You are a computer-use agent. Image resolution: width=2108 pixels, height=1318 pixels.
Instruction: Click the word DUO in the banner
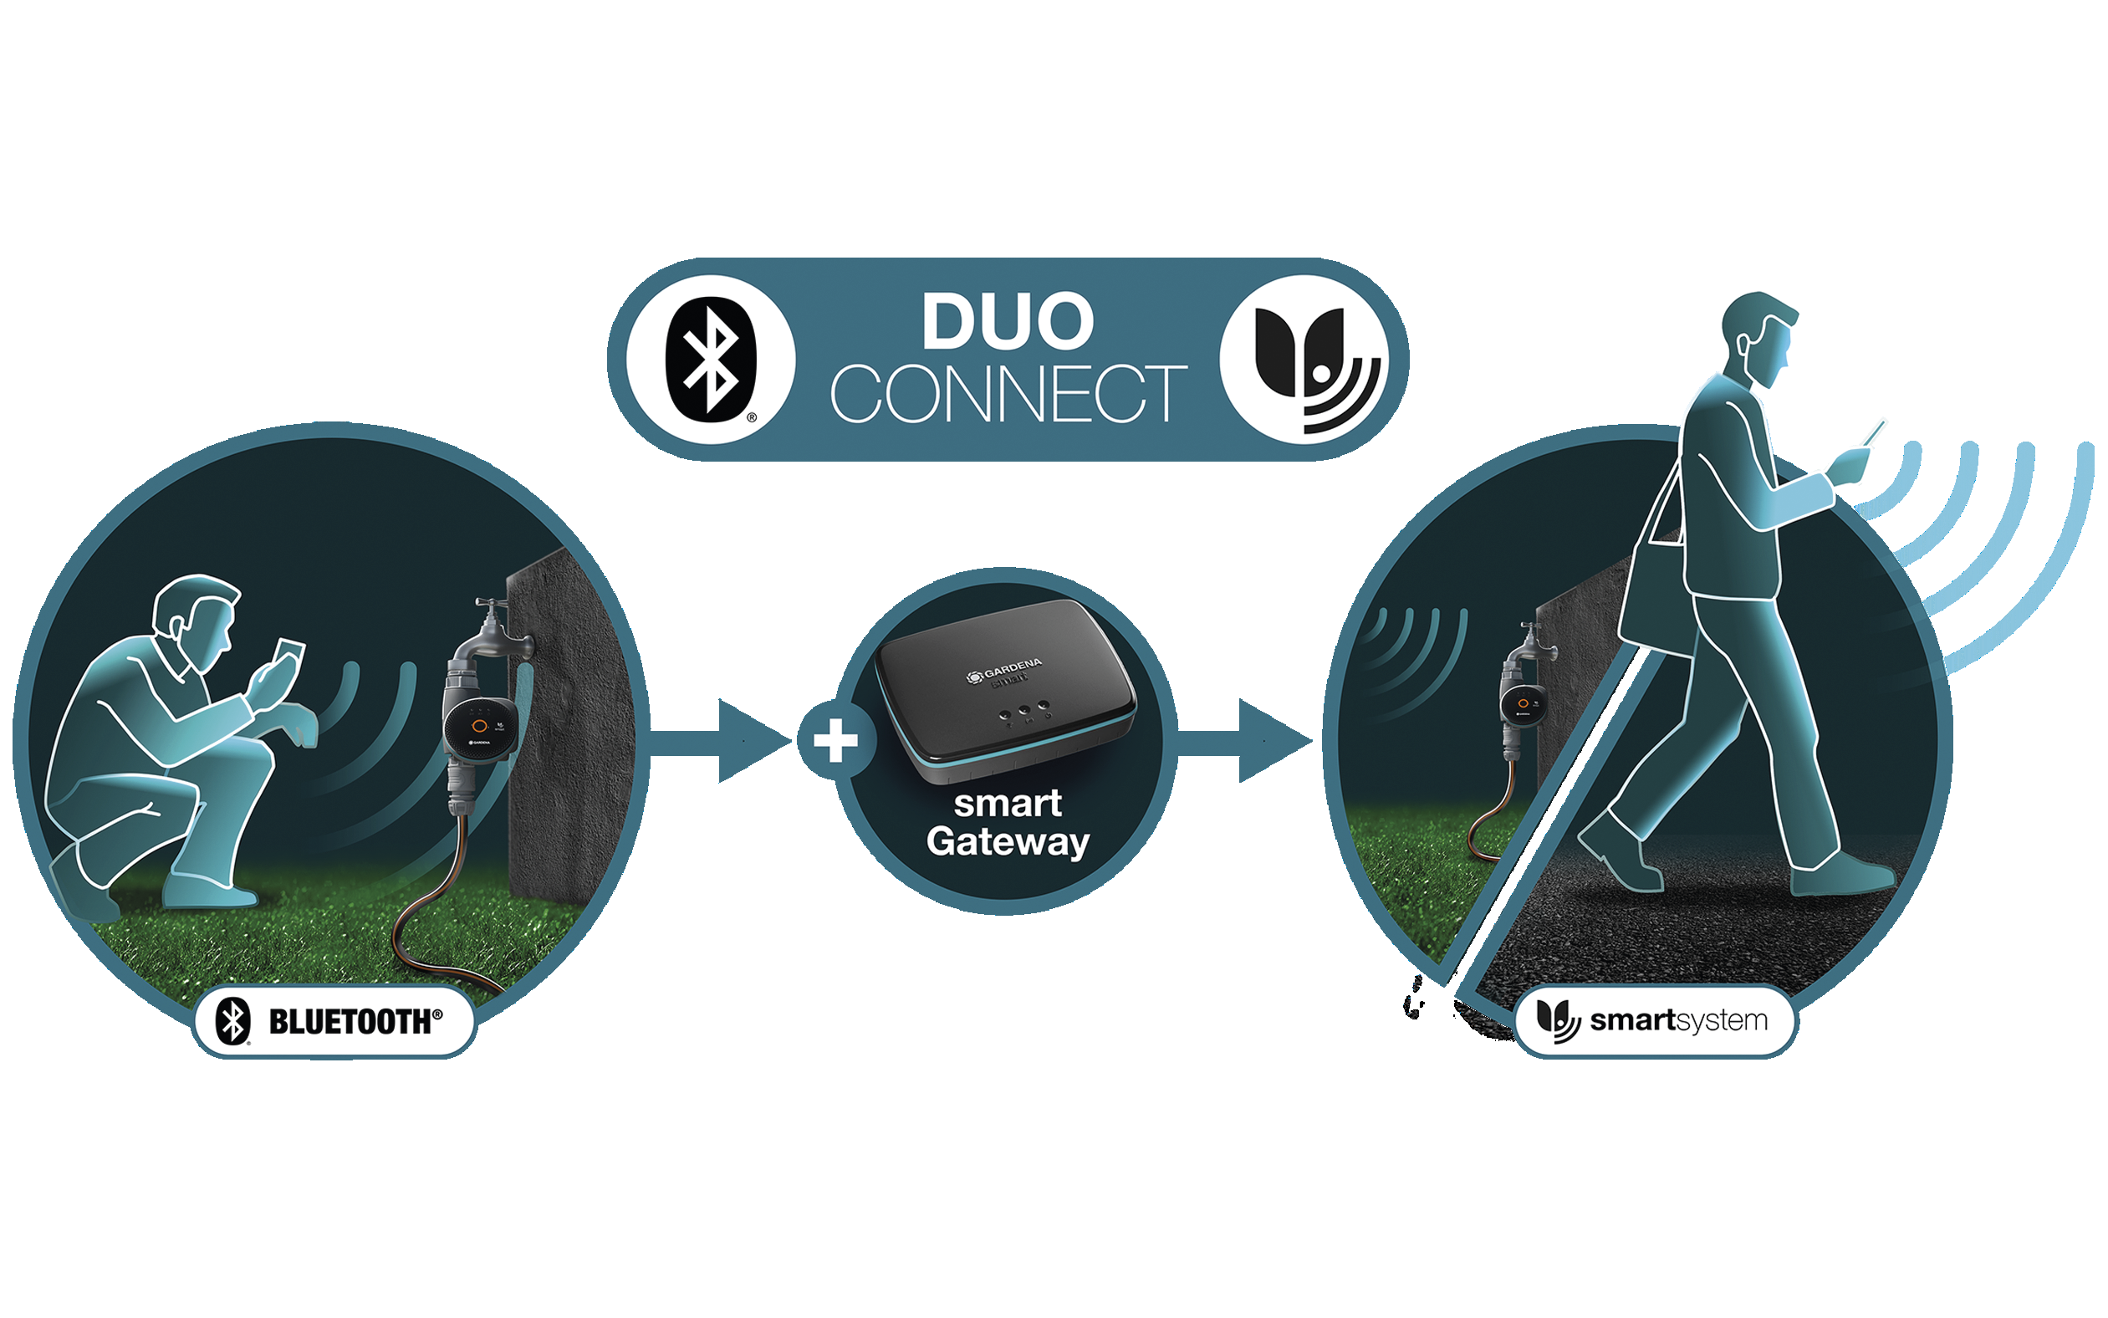pyautogui.click(x=1008, y=323)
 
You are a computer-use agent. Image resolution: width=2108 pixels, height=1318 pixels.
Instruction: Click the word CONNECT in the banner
pyautogui.click(x=1008, y=394)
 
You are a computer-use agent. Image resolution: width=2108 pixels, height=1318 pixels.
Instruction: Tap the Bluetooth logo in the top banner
pyautogui.click(x=710, y=359)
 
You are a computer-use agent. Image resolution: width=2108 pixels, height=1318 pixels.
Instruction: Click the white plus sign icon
pyautogui.click(x=835, y=741)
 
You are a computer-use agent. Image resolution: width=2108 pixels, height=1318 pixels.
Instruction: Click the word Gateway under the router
pyautogui.click(x=1008, y=841)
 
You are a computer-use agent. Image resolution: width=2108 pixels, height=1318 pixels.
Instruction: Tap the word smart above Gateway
pyautogui.click(x=1008, y=804)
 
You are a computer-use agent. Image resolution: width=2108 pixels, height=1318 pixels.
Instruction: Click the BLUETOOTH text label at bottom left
pyautogui.click(x=354, y=1022)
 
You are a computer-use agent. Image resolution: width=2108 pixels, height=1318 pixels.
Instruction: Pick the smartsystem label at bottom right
pyautogui.click(x=1677, y=1020)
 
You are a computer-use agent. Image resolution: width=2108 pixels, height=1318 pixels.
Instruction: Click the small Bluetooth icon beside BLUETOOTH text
pyautogui.click(x=232, y=1021)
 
